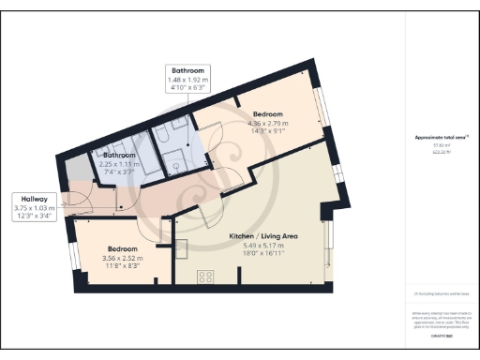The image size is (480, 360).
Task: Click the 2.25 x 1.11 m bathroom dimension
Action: [119, 163]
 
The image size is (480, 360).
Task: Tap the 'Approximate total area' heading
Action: [441, 137]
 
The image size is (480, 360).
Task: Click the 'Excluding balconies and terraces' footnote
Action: [441, 293]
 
